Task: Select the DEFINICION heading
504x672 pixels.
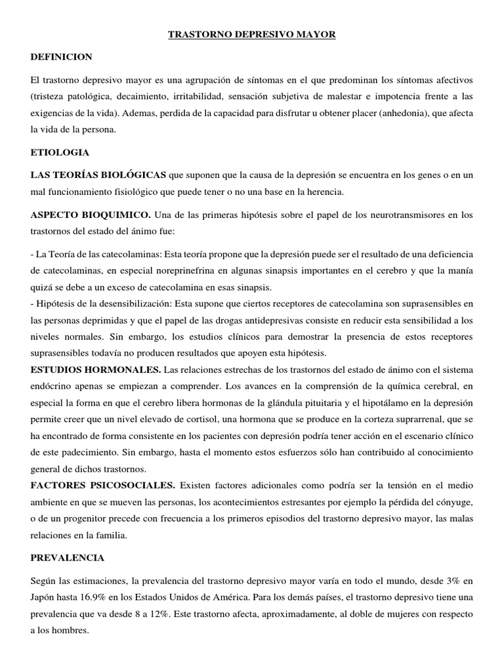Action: coord(61,57)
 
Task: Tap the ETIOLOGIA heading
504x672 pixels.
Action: coord(60,152)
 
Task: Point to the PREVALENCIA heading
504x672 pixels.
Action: coord(67,558)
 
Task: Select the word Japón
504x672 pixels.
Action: coord(43,597)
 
